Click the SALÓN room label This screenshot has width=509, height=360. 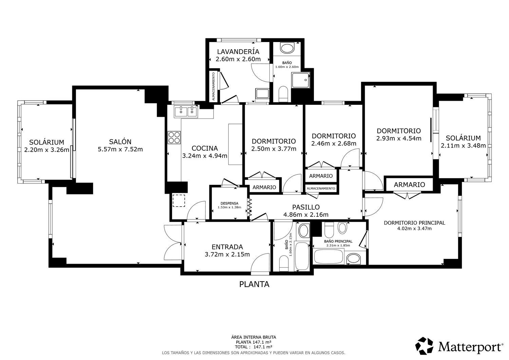coord(120,142)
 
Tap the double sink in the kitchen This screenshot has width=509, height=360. coord(186,111)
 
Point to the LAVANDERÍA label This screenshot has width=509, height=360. coord(238,52)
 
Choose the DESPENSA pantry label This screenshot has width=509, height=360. coord(229,203)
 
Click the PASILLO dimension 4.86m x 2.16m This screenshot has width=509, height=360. coord(306,214)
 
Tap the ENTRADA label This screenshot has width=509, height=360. coord(227,247)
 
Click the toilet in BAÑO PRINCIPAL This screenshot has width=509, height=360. coord(329,231)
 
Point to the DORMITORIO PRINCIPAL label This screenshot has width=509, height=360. coord(414,223)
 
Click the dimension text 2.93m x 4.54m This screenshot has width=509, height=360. coord(399,138)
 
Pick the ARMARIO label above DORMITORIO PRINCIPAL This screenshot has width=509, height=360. coord(409,185)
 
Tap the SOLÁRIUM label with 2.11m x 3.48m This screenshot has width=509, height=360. coord(463,138)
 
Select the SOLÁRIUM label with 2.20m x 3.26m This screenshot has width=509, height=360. coord(46,142)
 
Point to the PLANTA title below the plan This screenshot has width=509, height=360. coord(254,284)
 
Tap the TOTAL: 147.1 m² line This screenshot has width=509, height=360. coord(253,347)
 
